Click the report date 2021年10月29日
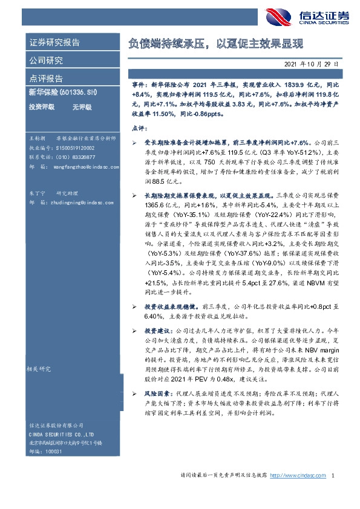click(315, 63)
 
